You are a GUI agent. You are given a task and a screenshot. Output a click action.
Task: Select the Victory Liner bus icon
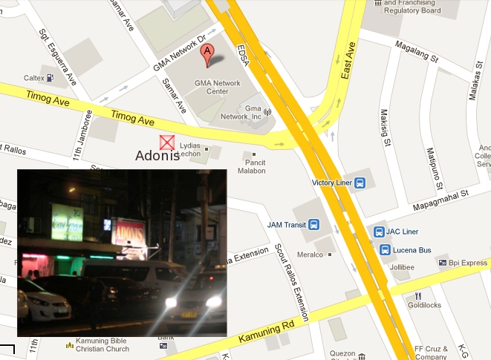coord(360,183)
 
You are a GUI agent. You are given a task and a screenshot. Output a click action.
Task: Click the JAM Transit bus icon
coord(313,224)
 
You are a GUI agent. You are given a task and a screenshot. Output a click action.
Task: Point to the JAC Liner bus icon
coord(379,232)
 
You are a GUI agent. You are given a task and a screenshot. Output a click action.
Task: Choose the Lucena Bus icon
coord(385,250)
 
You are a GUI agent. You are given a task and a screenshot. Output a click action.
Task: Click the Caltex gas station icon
coord(49,77)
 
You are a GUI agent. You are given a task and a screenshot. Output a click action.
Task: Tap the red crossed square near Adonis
coord(168,143)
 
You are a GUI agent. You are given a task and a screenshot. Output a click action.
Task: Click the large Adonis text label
coord(157,157)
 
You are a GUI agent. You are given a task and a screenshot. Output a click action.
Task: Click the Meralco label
coord(310,255)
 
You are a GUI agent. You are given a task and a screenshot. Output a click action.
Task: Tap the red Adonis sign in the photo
coord(128,231)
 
